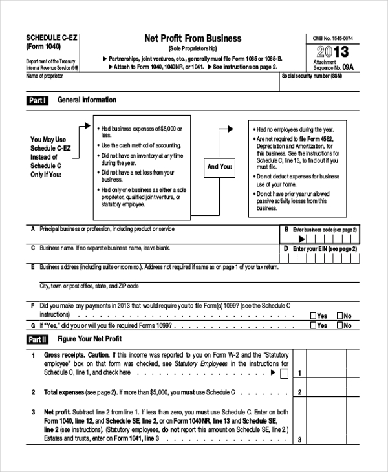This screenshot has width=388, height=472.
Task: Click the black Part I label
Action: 37,101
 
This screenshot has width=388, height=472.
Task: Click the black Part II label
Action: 37,339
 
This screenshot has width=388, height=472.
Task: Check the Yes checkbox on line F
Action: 314,316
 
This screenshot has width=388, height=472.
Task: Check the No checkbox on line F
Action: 339,316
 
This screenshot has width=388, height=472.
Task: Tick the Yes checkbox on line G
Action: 314,326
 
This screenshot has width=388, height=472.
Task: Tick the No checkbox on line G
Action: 339,326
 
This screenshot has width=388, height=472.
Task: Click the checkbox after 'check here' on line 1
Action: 284,374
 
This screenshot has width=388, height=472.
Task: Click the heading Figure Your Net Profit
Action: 89,339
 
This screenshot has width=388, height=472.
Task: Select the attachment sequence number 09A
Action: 347,67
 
